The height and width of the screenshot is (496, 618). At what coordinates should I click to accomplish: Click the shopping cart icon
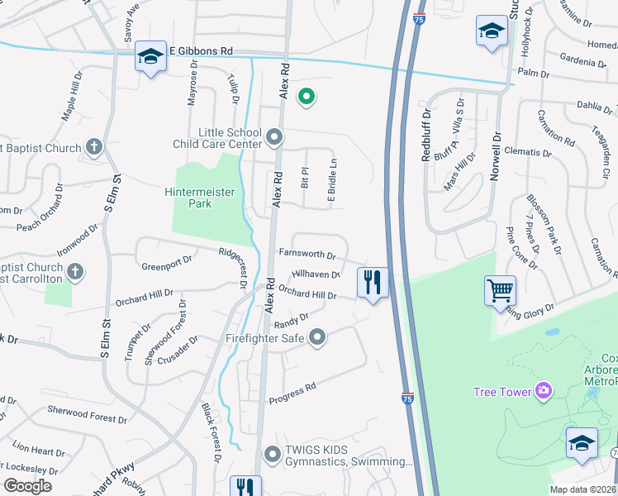coord(500,291)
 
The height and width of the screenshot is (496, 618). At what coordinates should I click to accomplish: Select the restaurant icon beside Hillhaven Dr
coord(373,284)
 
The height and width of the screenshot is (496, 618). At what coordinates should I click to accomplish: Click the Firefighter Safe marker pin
coord(317,337)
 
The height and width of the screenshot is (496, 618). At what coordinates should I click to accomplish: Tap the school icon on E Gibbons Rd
coord(150,56)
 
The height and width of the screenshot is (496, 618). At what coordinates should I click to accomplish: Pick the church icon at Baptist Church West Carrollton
coord(75,271)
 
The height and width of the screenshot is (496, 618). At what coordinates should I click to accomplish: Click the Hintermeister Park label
coord(199,198)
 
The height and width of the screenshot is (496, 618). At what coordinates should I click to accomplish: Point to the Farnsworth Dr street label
coord(307,256)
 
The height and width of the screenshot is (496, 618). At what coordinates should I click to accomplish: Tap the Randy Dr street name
coord(291,319)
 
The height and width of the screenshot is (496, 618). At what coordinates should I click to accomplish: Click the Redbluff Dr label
coord(426,134)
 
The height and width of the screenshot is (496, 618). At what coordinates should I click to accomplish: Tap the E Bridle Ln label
coord(333,182)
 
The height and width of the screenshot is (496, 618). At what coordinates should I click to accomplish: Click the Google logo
coord(27,485)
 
